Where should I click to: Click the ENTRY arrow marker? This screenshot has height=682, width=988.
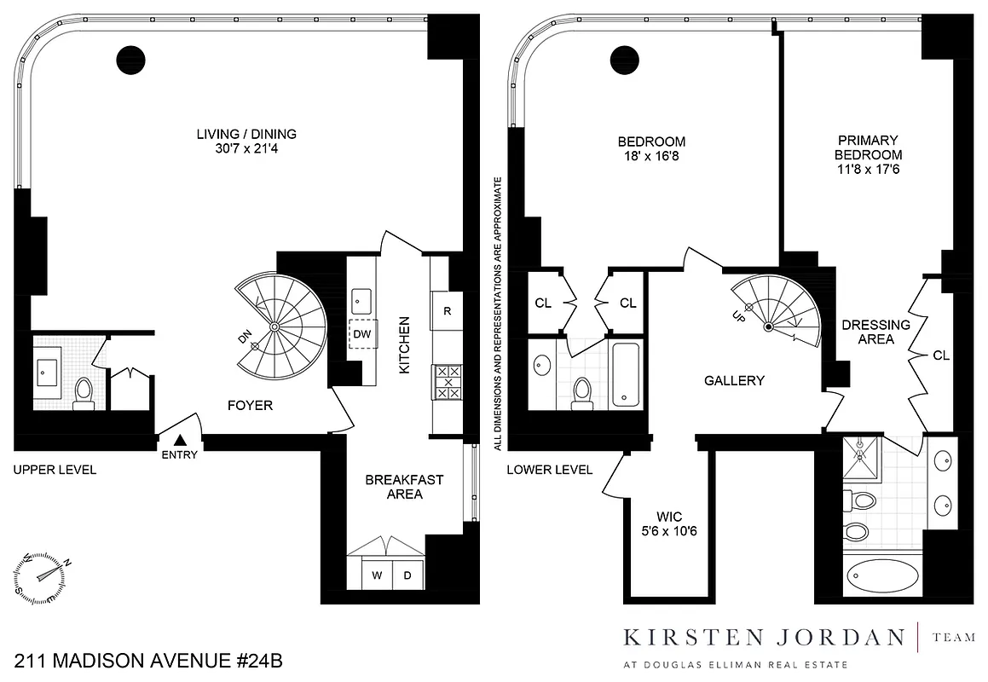[181, 440]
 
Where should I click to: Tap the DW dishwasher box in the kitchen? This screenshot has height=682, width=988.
[362, 334]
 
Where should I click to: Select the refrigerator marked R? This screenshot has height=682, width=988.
[447, 311]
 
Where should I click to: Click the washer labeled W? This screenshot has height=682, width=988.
[376, 575]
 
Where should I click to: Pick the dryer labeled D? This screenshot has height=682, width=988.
[407, 575]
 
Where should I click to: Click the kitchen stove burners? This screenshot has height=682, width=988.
[448, 382]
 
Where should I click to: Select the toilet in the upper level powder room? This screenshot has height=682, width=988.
[84, 392]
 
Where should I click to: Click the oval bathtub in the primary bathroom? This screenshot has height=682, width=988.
[881, 577]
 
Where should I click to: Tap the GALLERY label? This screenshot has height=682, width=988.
[734, 381]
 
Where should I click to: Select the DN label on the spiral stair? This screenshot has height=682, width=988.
[246, 340]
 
